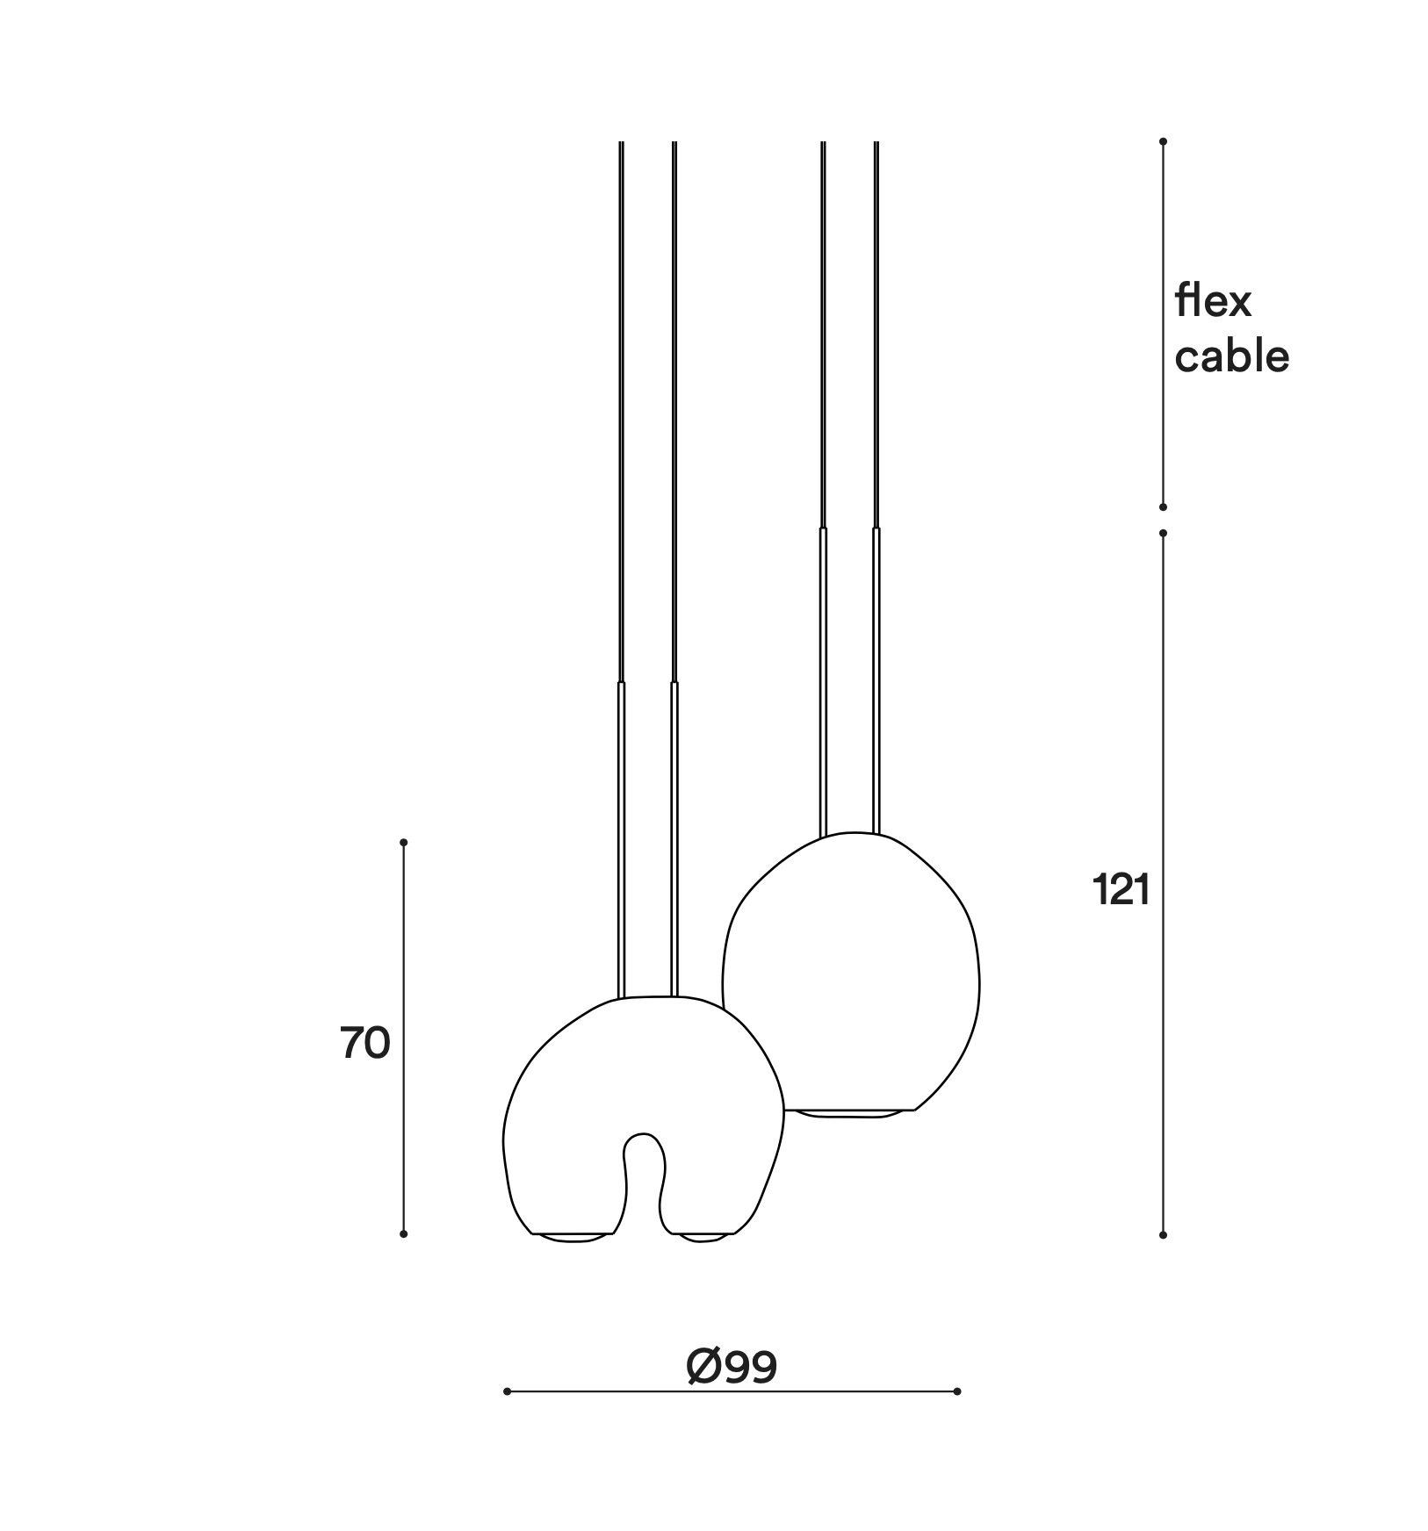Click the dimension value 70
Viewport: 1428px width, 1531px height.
pos(365,1044)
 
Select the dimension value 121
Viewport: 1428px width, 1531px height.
pos(1121,890)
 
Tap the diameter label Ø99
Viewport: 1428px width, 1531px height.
pos(732,1367)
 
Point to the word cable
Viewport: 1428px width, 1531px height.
pos(1232,356)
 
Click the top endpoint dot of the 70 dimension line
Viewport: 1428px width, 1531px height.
pos(404,843)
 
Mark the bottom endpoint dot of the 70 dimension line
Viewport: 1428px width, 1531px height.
pos(404,1233)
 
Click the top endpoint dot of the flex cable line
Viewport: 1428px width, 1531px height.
pos(1163,141)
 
